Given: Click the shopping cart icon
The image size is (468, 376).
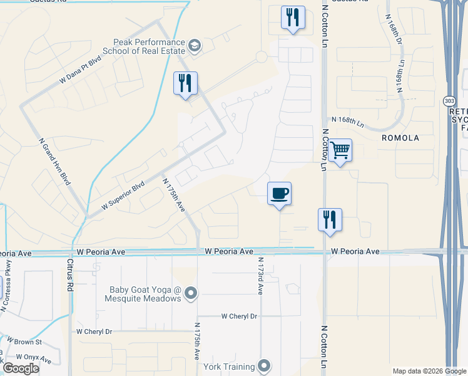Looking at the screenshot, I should pos(340,150).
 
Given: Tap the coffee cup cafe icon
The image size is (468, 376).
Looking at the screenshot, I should pos(279,193).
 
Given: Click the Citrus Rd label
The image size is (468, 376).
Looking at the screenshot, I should pos(70,273).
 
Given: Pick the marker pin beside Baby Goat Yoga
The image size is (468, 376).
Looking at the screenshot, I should pos(191,293).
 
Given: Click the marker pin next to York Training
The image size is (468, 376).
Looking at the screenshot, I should pos(264,366).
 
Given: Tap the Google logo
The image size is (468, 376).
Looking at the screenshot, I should pos(21,368).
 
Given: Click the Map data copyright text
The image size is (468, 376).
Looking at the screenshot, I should pos(429,371).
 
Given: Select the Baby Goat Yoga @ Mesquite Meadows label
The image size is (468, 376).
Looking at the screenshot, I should pos(145,293).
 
